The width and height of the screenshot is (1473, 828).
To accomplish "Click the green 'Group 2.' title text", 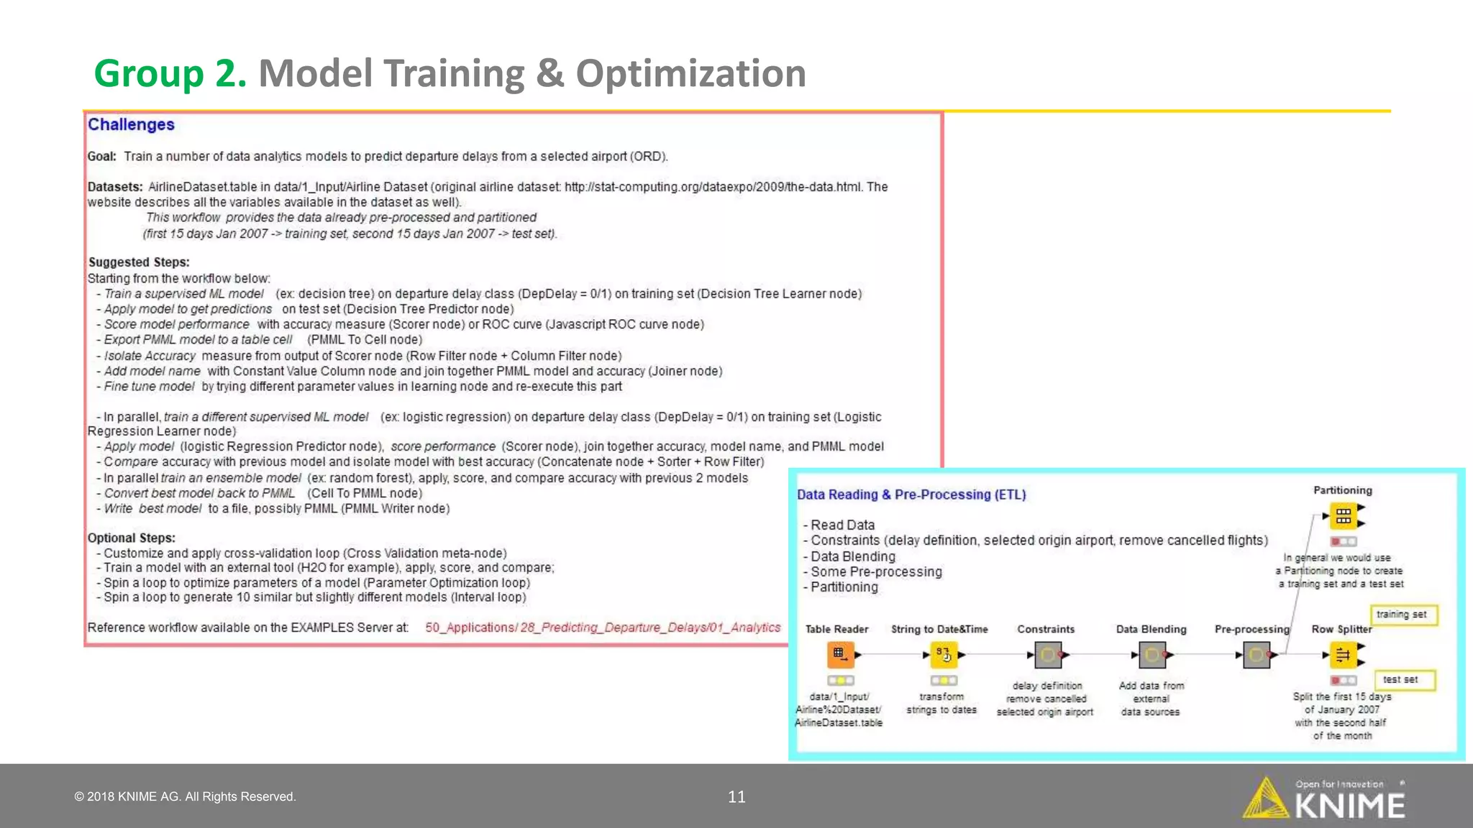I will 170,74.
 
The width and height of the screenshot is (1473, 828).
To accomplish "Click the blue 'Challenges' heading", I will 131,124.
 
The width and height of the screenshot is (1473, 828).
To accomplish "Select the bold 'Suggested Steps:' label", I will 139,262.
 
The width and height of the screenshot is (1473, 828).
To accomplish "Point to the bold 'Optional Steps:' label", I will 132,538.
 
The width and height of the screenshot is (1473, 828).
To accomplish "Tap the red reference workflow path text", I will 603,627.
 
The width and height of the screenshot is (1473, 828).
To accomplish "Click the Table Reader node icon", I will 839,654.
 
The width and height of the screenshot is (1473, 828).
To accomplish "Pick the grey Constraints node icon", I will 1047,655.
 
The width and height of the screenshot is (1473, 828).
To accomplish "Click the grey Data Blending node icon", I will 1152,655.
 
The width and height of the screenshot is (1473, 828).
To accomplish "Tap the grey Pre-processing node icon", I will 1256,655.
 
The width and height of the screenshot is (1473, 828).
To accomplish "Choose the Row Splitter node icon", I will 1342,655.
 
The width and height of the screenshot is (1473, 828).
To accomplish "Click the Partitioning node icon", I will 1343,515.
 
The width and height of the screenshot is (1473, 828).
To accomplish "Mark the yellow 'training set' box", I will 1401,615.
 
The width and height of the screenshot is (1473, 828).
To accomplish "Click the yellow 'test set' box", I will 1400,679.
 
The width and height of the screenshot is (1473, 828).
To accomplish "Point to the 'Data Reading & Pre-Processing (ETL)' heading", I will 911,494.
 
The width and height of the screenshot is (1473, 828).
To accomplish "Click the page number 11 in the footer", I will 736,796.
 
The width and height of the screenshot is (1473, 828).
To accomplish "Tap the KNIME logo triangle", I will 1265,799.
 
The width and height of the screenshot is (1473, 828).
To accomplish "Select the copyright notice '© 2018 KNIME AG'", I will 185,796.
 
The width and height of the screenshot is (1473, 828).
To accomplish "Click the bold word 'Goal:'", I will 102,157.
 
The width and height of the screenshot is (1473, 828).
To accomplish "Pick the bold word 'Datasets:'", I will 115,187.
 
